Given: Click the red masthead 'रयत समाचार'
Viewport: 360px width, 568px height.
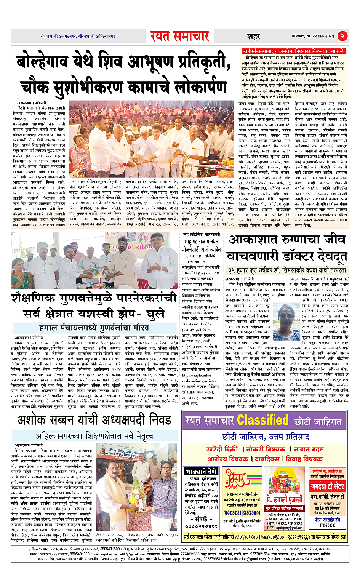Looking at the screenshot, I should click(x=179, y=36).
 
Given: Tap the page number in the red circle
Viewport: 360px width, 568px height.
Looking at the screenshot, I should click(x=342, y=36).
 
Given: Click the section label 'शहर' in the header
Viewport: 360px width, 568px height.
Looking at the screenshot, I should click(x=253, y=37).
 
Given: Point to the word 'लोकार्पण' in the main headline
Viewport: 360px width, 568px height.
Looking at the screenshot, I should click(x=192, y=87).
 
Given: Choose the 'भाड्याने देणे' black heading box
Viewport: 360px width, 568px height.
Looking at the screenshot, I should click(x=201, y=471).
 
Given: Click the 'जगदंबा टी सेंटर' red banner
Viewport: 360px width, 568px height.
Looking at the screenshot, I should click(x=327, y=486).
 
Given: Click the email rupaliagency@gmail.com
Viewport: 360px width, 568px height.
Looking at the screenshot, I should click(x=286, y=528).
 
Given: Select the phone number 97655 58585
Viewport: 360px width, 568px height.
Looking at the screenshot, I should click(x=327, y=525).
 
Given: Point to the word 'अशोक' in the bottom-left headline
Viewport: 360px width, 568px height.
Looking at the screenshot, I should click(x=35, y=420).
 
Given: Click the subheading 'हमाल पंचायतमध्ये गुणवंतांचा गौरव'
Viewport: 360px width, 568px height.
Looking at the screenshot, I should click(x=94, y=328).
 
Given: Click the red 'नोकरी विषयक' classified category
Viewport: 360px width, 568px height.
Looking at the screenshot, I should click(x=265, y=449).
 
